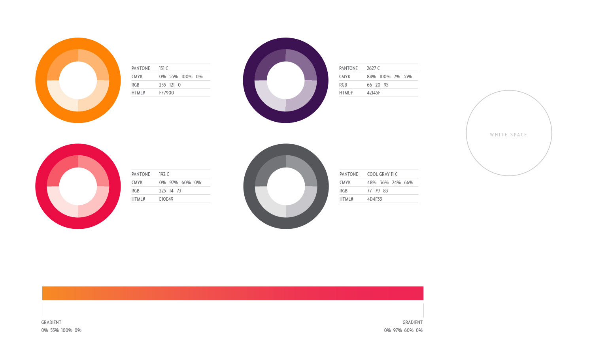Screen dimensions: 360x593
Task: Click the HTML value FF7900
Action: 166,93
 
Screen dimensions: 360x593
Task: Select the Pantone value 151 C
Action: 164,68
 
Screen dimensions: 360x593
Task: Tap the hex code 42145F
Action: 374,93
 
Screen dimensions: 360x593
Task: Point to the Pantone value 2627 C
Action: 373,68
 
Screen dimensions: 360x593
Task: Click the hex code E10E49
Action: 166,199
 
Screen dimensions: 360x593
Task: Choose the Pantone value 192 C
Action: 164,174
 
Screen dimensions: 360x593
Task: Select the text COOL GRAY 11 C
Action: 382,174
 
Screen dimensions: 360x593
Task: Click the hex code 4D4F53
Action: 374,199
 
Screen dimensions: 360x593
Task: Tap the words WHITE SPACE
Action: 508,135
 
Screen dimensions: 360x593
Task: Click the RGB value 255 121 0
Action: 170,85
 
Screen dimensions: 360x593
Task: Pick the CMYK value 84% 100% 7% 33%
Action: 389,77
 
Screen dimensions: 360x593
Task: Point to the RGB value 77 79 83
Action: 378,191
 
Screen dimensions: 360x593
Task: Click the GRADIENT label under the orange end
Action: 51,322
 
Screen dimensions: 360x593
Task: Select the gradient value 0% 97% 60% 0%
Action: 403,330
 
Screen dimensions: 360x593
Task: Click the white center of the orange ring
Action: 78,80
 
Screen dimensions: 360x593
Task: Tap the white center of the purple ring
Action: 285,80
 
